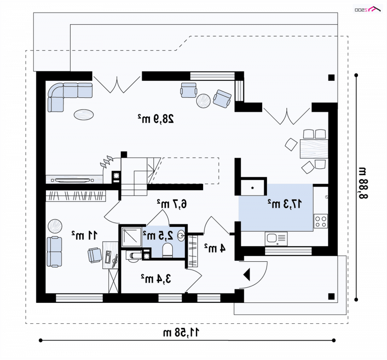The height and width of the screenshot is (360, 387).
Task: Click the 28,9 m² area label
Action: pyautogui.click(x=156, y=119)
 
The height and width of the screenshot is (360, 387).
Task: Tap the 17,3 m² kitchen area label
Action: pyautogui.click(x=285, y=204)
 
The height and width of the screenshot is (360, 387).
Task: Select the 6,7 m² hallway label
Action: pyautogui.click(x=172, y=204)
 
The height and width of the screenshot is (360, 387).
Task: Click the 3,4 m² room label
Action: pyautogui.click(x=156, y=279)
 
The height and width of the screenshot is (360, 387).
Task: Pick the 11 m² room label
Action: pyautogui.click(x=84, y=235)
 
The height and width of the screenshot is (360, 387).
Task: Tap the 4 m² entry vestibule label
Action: pyautogui.click(x=215, y=248)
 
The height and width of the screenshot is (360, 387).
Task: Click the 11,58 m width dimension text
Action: pyautogui.click(x=181, y=332)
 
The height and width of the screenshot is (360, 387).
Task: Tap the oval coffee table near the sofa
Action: pyautogui.click(x=84, y=115)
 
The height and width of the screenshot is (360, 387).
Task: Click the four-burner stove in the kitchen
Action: pyautogui.click(x=321, y=221)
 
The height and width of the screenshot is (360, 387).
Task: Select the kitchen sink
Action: pyautogui.click(x=276, y=239)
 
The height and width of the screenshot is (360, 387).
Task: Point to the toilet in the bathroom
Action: pyautogui.click(x=167, y=251)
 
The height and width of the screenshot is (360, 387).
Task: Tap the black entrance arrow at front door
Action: pyautogui.click(x=247, y=274)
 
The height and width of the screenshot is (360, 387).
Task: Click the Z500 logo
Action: pyautogui.click(x=368, y=9)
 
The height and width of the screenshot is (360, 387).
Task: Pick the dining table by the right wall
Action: pyautogui.click(x=314, y=149)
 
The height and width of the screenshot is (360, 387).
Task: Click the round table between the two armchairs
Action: pyautogui.click(x=203, y=101)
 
